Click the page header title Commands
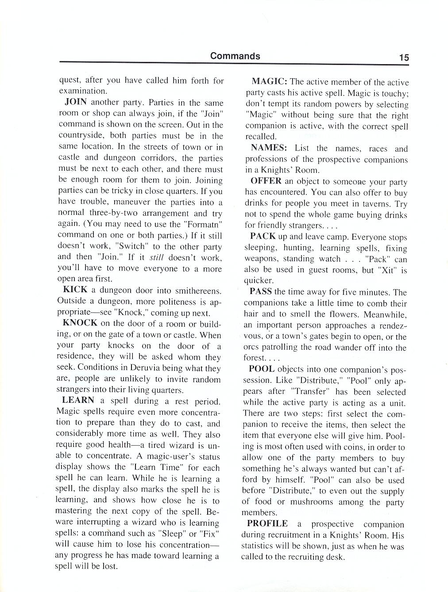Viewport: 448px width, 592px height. (235, 56)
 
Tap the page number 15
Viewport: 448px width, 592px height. (403, 57)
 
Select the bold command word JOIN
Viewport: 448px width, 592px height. (75, 102)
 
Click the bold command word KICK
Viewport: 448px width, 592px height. (75, 290)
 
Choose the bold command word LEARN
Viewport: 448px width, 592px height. (78, 400)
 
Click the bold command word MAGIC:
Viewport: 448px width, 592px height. (270, 82)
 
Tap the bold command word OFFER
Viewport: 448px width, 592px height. (266, 181)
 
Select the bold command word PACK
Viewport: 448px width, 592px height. (263, 237)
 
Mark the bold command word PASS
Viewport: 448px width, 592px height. (261, 292)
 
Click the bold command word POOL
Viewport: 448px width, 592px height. (262, 369)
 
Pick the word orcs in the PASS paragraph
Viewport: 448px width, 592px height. (251, 348)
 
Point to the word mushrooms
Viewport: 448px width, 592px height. (313, 502)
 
